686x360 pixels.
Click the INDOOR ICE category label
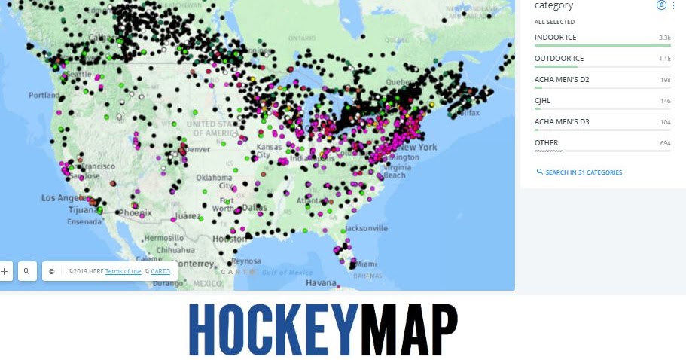point(555,37)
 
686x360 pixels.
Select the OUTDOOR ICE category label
point(559,58)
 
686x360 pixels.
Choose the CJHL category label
point(542,100)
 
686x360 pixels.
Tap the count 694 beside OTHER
point(665,142)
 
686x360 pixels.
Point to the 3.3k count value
point(664,37)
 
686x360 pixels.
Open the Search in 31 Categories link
point(584,172)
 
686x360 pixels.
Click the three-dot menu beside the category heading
point(673,5)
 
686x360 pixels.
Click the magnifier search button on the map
point(26,271)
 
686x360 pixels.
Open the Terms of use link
point(123,271)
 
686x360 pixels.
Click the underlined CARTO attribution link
point(160,271)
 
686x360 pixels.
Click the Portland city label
point(44,96)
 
